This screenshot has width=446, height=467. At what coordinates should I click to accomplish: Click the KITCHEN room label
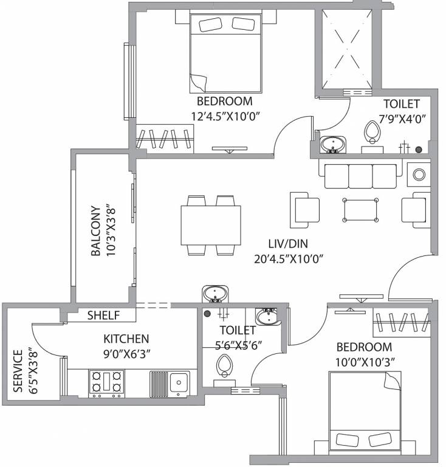coord(126,339)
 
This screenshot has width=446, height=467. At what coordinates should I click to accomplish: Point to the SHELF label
coord(103,315)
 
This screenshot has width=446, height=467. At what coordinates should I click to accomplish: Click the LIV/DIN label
coord(288,244)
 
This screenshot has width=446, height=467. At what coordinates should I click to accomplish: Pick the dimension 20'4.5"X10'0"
coord(288,258)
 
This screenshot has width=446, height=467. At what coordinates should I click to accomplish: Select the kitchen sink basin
coord(179,382)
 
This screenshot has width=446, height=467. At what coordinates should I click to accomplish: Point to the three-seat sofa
coord(360,176)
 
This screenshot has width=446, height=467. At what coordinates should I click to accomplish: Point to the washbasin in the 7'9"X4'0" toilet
coord(332,145)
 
